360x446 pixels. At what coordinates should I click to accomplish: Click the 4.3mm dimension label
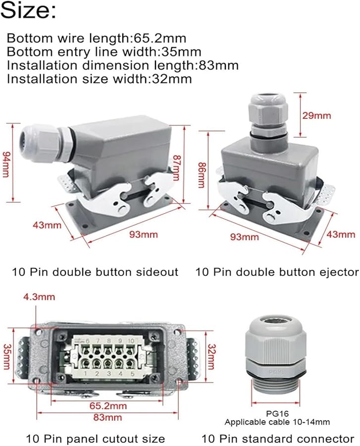click(x=39, y=297)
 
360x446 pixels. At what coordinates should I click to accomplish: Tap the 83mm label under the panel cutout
click(x=107, y=417)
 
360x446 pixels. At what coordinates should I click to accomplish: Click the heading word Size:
click(x=28, y=11)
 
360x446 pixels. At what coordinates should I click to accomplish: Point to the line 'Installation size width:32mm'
click(x=100, y=78)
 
